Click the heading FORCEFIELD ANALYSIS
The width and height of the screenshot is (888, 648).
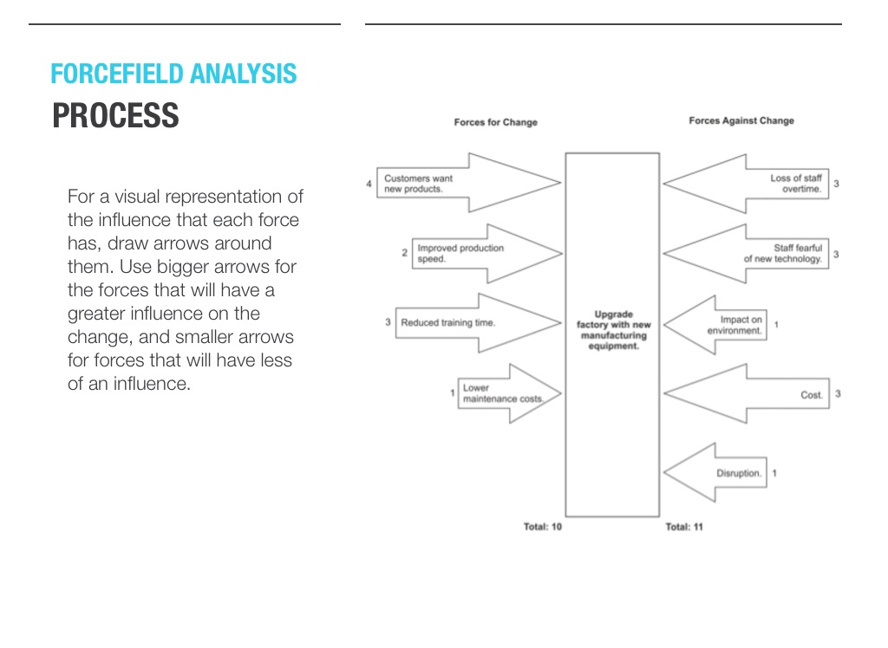click(x=173, y=75)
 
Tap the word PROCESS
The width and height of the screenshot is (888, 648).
click(x=115, y=116)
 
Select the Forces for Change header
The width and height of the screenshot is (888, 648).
click(x=495, y=122)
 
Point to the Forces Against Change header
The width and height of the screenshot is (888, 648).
click(x=741, y=121)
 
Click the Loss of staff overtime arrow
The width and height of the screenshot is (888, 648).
click(x=746, y=184)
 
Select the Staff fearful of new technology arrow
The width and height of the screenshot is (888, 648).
click(x=746, y=253)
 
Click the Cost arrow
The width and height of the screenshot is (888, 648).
click(x=746, y=394)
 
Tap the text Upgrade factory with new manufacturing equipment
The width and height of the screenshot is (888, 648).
click(x=613, y=330)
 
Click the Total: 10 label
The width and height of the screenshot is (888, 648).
click(x=543, y=527)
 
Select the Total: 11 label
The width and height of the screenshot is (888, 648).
click(x=684, y=527)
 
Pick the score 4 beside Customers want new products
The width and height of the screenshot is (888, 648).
click(x=369, y=184)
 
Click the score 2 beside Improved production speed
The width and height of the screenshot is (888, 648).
click(x=404, y=253)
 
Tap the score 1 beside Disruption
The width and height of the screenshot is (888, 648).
click(x=774, y=473)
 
